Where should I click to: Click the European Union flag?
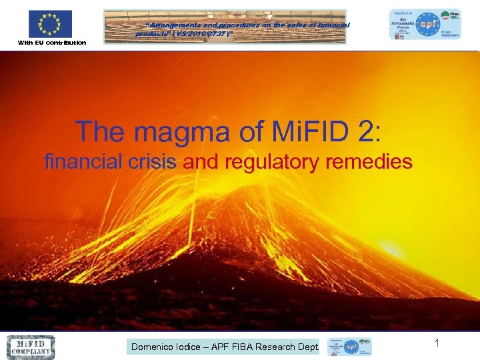click(x=50, y=24)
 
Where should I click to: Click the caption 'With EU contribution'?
click(x=51, y=43)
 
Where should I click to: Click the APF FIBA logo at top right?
click(x=425, y=25)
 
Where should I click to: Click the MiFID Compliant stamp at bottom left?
click(x=31, y=347)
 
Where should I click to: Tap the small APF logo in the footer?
click(x=348, y=347)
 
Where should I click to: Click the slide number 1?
click(x=437, y=343)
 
